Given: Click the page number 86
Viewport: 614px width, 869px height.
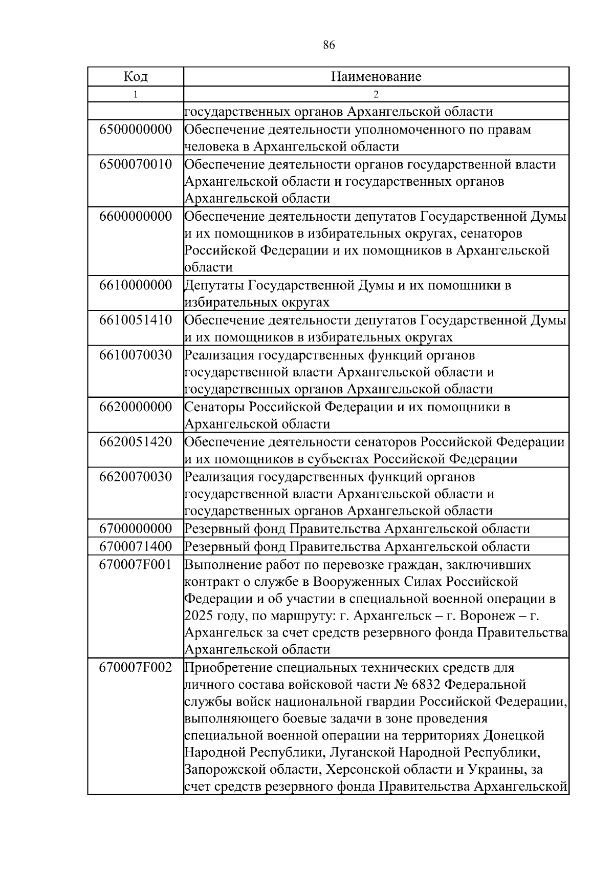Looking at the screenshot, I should [329, 45].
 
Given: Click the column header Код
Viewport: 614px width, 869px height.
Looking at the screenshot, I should [136, 77].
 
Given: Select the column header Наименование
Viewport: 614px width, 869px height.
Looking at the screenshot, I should [376, 77].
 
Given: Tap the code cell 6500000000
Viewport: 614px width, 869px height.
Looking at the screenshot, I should [136, 129].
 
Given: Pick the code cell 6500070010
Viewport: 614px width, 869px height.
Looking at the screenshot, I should [136, 164].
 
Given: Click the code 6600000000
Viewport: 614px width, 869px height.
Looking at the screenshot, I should [136, 216].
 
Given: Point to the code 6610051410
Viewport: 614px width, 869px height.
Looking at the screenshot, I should [136, 321].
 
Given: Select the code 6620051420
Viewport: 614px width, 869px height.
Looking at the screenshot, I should [136, 442].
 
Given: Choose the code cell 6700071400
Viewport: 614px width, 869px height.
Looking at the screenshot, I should [136, 546].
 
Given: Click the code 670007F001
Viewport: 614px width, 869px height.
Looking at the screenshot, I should [136, 565].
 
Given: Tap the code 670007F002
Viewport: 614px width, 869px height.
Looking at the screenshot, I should [136, 668].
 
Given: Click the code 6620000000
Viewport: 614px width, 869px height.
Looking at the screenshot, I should [136, 407].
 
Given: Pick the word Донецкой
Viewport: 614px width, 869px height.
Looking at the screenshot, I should [514, 736].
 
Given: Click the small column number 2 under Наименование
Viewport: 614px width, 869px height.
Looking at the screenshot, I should [376, 94].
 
